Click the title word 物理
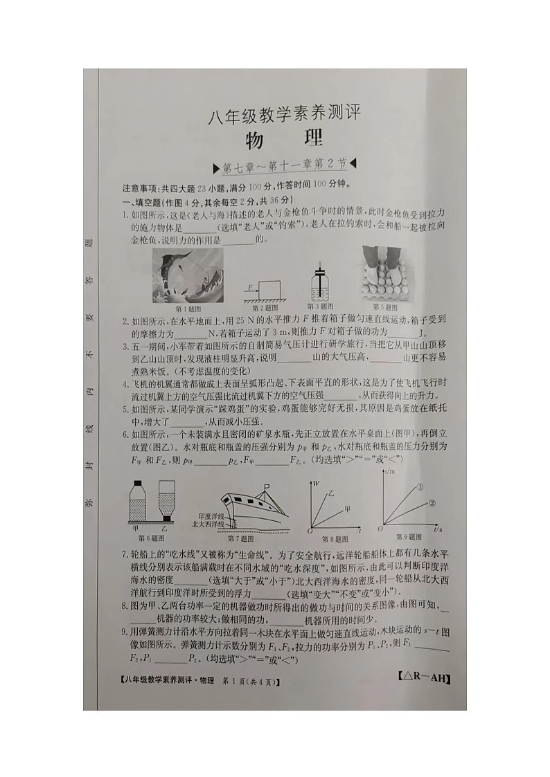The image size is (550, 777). pos(284,138)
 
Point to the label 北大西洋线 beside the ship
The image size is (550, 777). pos(208,524)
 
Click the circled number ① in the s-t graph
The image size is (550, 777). pos(420,487)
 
